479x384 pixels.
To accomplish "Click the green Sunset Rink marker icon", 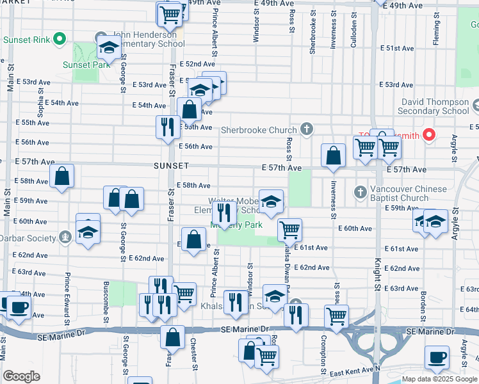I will [x=59, y=40].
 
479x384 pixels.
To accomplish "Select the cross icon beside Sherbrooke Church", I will [x=307, y=130].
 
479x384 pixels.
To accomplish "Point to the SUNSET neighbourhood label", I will [x=171, y=166].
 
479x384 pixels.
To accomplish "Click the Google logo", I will [x=22, y=376].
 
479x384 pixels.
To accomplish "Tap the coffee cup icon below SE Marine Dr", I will [x=438, y=358].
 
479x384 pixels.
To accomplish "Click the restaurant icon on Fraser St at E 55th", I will [x=165, y=125].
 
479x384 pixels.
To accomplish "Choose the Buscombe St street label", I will [x=106, y=298].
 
